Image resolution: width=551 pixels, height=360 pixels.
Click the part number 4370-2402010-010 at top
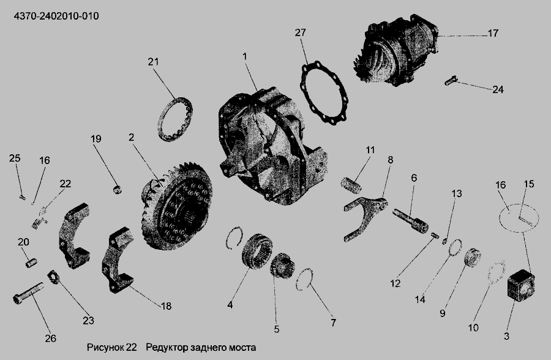click(56, 16)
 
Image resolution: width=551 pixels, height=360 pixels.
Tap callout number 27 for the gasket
click(301, 32)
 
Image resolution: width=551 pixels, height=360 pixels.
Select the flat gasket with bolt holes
click(324, 92)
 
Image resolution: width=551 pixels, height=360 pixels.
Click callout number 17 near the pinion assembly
click(493, 33)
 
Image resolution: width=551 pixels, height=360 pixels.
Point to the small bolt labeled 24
click(450, 81)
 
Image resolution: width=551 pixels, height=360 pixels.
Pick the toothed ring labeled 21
click(175, 119)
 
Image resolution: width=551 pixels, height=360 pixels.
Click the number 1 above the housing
click(244, 56)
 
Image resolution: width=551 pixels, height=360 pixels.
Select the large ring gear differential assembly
click(177, 205)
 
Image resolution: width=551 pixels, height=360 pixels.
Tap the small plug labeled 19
click(118, 190)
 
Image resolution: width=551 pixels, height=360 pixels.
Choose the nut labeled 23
click(53, 277)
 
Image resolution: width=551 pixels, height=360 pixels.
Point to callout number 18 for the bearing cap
click(166, 306)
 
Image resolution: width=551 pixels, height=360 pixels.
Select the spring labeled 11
click(351, 186)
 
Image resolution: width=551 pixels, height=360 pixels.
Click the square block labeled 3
click(522, 285)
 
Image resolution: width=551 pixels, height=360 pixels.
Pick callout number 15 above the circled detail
click(528, 184)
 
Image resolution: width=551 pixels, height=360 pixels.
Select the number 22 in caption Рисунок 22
click(131, 348)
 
